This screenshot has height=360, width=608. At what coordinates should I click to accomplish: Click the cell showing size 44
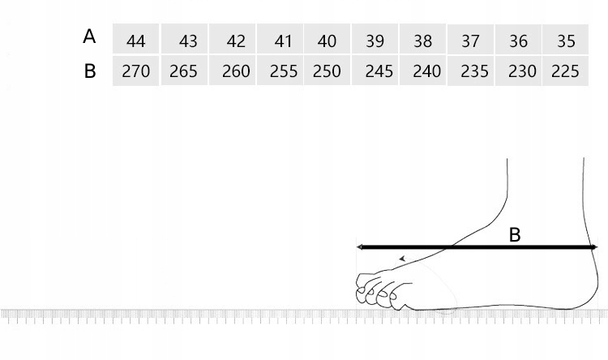coord(135,39)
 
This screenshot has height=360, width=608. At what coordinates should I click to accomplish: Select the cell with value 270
coord(135,71)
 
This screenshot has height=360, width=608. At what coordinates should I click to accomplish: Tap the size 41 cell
coord(280,39)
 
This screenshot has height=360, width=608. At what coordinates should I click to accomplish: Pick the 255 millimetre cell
coord(280,71)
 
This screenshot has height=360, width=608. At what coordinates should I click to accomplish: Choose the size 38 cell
coord(422,39)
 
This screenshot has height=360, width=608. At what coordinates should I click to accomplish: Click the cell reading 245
coord(375,71)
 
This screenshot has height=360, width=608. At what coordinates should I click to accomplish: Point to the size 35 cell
coord(565,39)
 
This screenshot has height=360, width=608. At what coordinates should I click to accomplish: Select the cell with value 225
coord(565,71)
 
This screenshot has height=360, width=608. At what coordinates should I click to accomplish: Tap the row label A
coord(89,36)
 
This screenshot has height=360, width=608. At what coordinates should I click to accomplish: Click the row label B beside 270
coord(90,71)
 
